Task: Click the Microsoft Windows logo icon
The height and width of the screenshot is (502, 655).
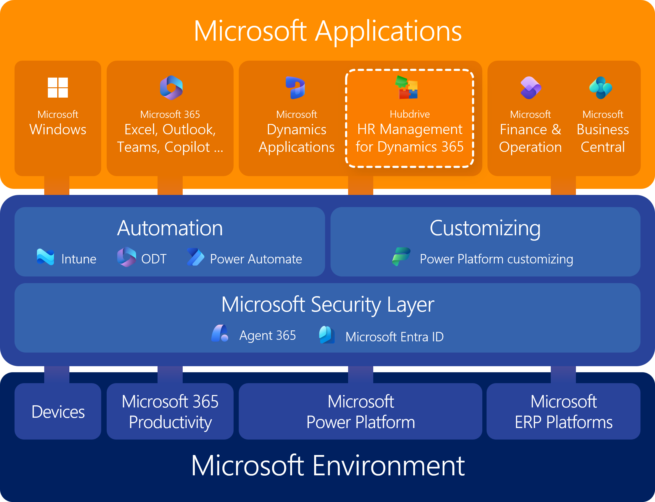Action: pyautogui.click(x=58, y=88)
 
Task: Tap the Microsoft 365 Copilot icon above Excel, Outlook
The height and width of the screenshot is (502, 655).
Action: pyautogui.click(x=171, y=88)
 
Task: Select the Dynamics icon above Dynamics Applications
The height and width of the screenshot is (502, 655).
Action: pyautogui.click(x=296, y=88)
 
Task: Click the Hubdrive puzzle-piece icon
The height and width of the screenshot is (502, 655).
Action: pyautogui.click(x=407, y=88)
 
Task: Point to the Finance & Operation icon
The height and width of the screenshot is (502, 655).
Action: pyautogui.click(x=531, y=88)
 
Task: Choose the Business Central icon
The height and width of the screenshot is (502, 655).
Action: pyautogui.click(x=601, y=88)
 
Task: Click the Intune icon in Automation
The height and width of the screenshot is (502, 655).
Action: pyautogui.click(x=45, y=257)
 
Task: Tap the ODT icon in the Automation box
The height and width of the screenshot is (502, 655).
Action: pyautogui.click(x=127, y=257)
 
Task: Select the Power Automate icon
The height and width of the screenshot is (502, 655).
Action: pyautogui.click(x=196, y=257)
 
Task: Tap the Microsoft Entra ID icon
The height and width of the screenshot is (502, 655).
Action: pyautogui.click(x=327, y=335)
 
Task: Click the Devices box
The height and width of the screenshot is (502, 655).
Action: pyautogui.click(x=58, y=411)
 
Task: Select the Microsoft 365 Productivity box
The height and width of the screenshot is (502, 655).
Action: pyautogui.click(x=170, y=411)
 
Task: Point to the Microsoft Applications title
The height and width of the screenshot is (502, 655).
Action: pyautogui.click(x=327, y=31)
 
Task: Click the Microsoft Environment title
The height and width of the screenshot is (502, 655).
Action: pyautogui.click(x=327, y=466)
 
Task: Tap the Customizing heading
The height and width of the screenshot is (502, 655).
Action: pyautogui.click(x=485, y=228)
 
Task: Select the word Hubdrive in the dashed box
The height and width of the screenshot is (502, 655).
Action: pyautogui.click(x=410, y=114)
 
